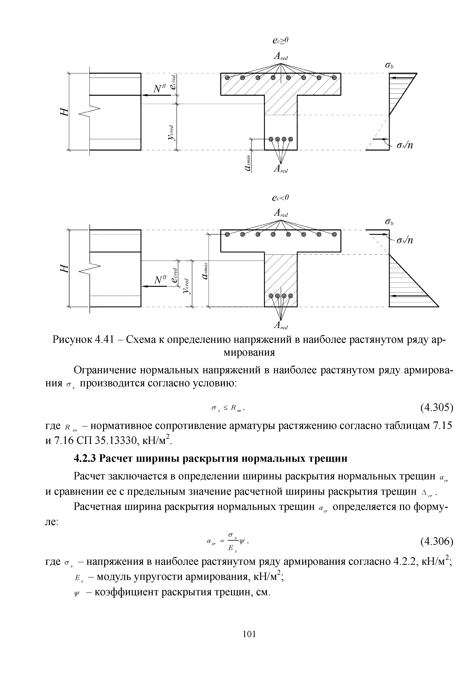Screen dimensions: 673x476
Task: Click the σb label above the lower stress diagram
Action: (389, 223)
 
